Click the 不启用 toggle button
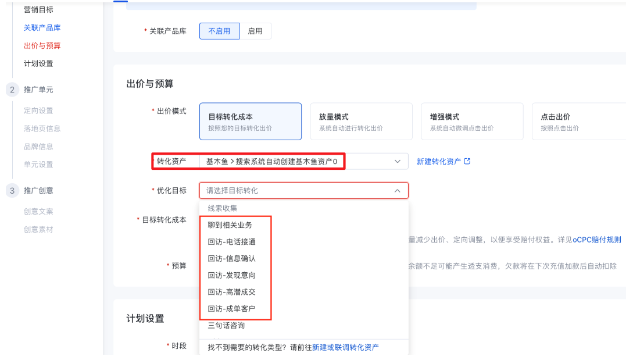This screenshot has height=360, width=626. [219, 31]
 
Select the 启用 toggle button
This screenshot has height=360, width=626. [255, 31]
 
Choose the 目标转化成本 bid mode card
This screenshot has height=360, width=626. [251, 122]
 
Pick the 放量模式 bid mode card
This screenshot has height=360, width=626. [361, 122]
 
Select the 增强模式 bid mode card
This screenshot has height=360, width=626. [472, 122]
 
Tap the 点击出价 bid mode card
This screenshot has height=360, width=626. [578, 122]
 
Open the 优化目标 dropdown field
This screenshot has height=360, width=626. [303, 191]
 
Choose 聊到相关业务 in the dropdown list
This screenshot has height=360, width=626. [230, 225]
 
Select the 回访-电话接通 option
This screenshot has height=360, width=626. [231, 242]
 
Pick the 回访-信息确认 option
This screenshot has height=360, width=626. [231, 259]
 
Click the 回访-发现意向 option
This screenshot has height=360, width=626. [231, 275]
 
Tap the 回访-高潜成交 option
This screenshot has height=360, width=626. [231, 292]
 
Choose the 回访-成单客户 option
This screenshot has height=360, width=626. [231, 309]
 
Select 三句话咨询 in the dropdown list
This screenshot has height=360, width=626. [226, 326]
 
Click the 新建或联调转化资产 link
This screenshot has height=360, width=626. [345, 347]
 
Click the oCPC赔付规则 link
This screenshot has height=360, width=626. [597, 240]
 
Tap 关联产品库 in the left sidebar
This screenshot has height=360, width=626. [42, 28]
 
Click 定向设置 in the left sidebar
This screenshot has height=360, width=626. [38, 111]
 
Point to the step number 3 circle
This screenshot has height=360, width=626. [12, 190]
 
